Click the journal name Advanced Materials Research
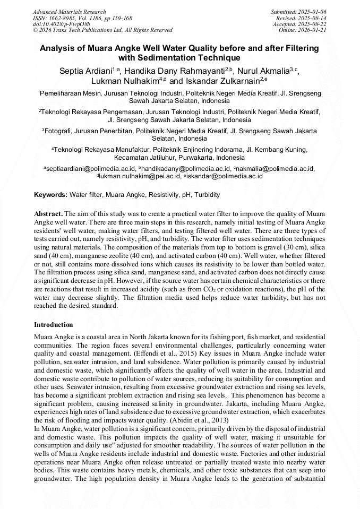click(x=69, y=12)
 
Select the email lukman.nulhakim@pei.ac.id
click(x=140, y=176)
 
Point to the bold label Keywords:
click(x=50, y=195)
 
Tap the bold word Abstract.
click(x=48, y=212)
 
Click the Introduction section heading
click(x=54, y=324)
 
